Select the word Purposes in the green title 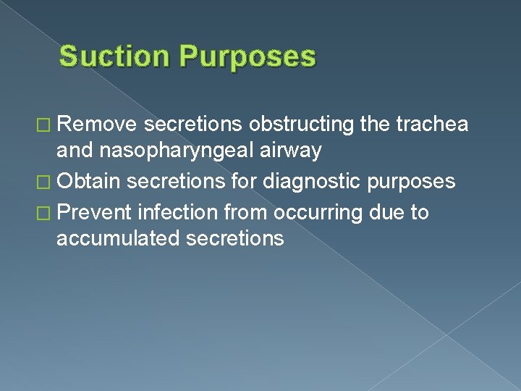point(245,56)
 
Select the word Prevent point(95,212)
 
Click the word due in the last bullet point(389,212)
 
